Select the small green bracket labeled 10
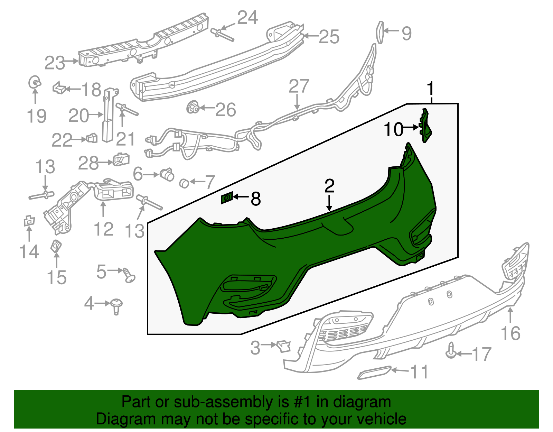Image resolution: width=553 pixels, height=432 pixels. click(x=425, y=125)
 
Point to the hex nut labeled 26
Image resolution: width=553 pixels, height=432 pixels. click(x=194, y=108)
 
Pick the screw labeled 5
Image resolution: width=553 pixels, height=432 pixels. click(x=129, y=275)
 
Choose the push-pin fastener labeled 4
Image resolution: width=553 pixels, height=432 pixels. click(x=116, y=306)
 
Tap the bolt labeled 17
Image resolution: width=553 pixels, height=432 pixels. click(x=451, y=350)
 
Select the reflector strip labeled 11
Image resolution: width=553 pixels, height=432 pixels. click(x=374, y=373)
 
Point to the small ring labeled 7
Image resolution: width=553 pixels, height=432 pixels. click(x=184, y=183)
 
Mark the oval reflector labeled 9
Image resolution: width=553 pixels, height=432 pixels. click(x=380, y=32)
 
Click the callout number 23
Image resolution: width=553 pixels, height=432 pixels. click(x=55, y=63)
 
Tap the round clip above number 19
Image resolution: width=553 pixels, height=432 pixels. click(x=35, y=82)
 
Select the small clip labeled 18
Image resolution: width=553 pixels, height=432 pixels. click(x=59, y=88)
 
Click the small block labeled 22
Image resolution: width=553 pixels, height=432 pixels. click(x=92, y=138)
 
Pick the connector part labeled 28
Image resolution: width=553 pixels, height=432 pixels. click(x=121, y=159)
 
